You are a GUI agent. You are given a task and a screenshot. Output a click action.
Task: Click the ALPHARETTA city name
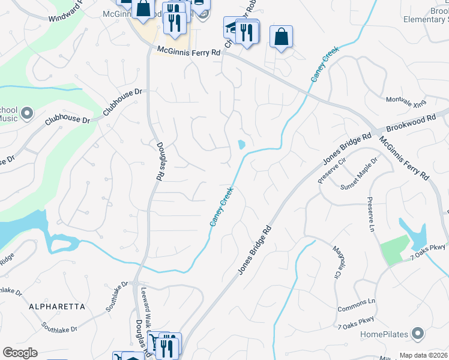pyautogui.click(x=56, y=306)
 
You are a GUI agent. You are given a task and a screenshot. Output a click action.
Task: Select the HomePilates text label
pyautogui.click(x=384, y=334)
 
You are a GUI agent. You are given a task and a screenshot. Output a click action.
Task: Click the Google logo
pyautogui.click(x=20, y=353)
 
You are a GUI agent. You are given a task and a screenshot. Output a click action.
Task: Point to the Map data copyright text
pyautogui.click(x=423, y=355)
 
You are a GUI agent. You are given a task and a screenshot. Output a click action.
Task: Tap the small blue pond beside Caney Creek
pyautogui.click(x=241, y=145)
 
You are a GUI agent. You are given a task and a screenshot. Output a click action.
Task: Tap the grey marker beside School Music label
pyautogui.click(x=26, y=113)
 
